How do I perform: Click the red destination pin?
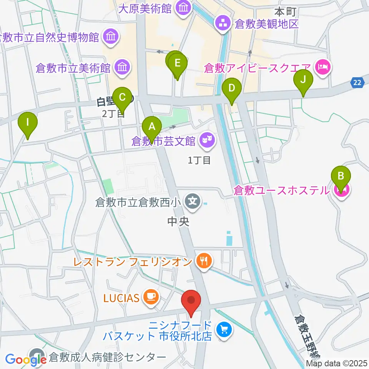(191, 300)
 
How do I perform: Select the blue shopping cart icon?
(223, 329)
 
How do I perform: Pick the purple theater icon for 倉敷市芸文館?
(208, 141)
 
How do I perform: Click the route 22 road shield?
(357, 82)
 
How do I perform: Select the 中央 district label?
(179, 222)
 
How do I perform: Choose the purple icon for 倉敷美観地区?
(223, 23)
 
